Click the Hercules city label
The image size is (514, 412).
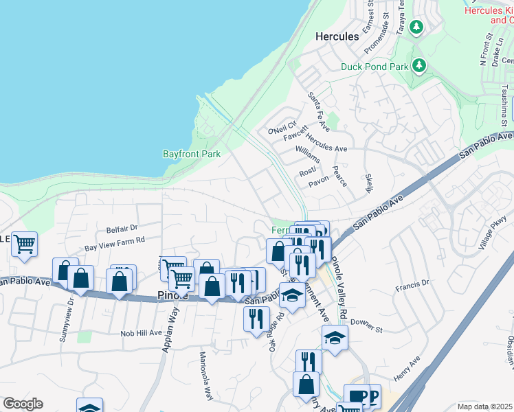[337, 36]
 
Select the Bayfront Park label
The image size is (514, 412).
[192, 154]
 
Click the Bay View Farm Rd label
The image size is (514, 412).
[115, 240]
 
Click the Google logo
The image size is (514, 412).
[23, 404]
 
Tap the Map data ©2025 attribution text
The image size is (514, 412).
[484, 406]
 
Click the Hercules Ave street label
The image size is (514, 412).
[326, 148]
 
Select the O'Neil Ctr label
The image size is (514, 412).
[281, 128]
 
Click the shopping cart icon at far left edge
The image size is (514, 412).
[24, 244]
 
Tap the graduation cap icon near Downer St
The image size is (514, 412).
[335, 338]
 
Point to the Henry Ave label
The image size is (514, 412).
[406, 371]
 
